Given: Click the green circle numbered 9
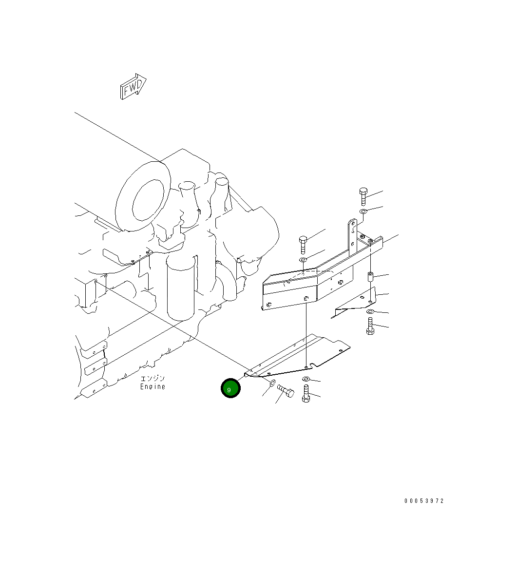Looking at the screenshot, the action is (230, 388).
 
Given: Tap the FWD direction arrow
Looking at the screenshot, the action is (133, 86).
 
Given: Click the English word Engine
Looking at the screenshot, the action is (153, 386).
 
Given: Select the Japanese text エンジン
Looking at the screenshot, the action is (153, 378).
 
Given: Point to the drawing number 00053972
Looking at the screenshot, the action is (424, 500).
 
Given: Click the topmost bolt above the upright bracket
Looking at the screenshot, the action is (363, 196).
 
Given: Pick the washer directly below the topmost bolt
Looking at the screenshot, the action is (363, 211).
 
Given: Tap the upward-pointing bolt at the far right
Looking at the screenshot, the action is (370, 326).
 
